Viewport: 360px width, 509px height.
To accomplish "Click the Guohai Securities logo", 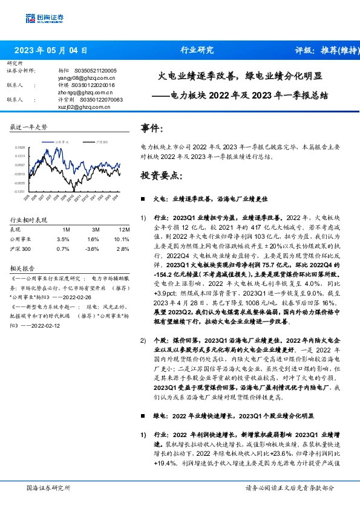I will pos(44,18).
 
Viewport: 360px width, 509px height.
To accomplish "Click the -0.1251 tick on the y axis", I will pos(21,191).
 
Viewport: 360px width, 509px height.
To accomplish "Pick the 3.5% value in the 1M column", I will pos(63,239).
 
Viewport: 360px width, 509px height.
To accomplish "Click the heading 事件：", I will pos(152,129).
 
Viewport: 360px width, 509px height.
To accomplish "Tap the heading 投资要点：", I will pos(161,175).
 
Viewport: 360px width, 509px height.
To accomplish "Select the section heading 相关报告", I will pos(24,267).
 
